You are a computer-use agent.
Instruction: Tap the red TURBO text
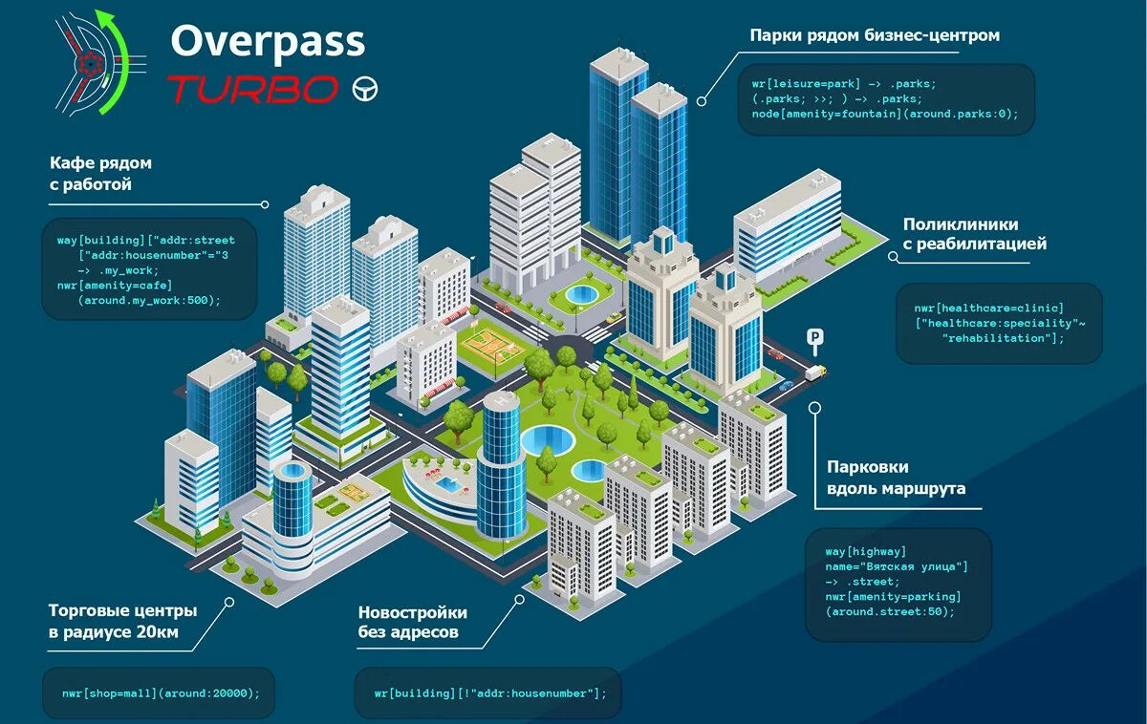click(253, 89)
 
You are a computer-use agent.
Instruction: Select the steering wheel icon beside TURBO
click(365, 89)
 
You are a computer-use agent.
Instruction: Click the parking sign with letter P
click(814, 337)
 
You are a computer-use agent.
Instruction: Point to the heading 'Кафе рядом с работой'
click(100, 174)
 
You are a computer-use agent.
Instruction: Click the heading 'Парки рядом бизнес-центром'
click(875, 35)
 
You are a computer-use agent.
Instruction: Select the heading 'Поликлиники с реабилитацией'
click(975, 234)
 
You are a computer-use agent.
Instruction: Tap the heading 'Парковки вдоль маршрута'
click(896, 478)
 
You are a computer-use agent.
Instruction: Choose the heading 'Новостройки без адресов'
click(413, 622)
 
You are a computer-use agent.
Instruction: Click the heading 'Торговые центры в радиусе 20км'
click(122, 620)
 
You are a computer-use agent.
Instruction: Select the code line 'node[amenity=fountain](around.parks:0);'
click(878, 115)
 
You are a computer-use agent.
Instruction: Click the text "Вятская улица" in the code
click(915, 566)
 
